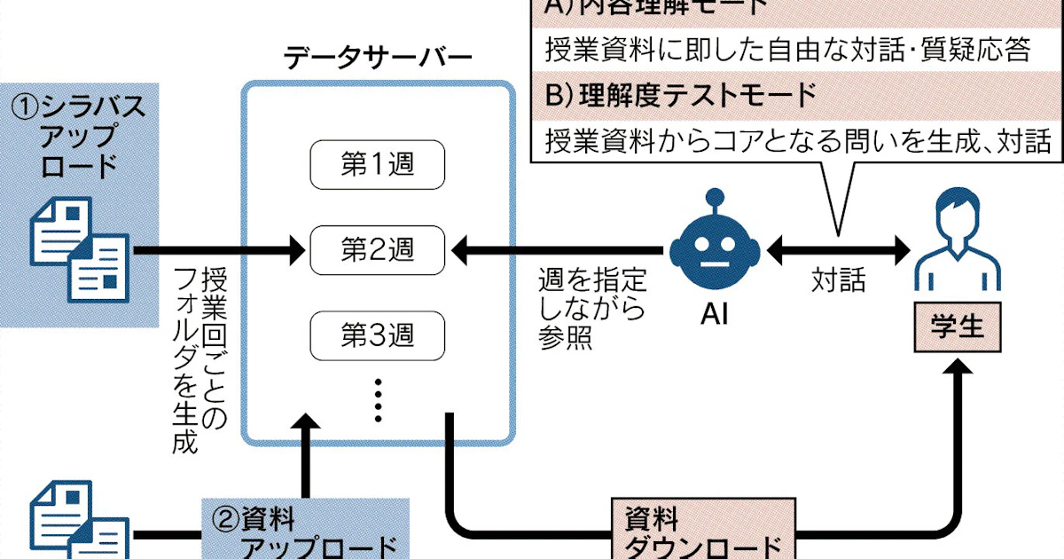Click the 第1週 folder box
tap(378, 165)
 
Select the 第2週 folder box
tap(378, 250)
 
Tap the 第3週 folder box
tap(378, 335)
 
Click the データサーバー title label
tap(378, 59)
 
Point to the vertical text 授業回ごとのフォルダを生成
tap(200, 359)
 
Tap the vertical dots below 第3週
tap(378, 399)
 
